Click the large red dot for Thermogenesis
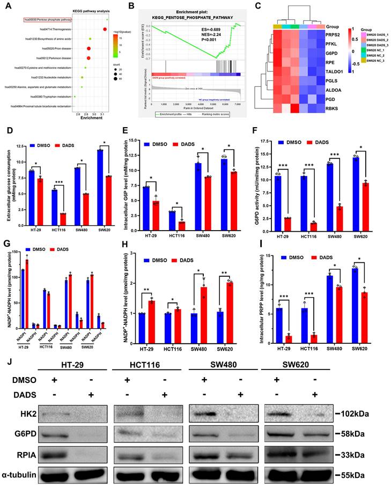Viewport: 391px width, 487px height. coord(105,28)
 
